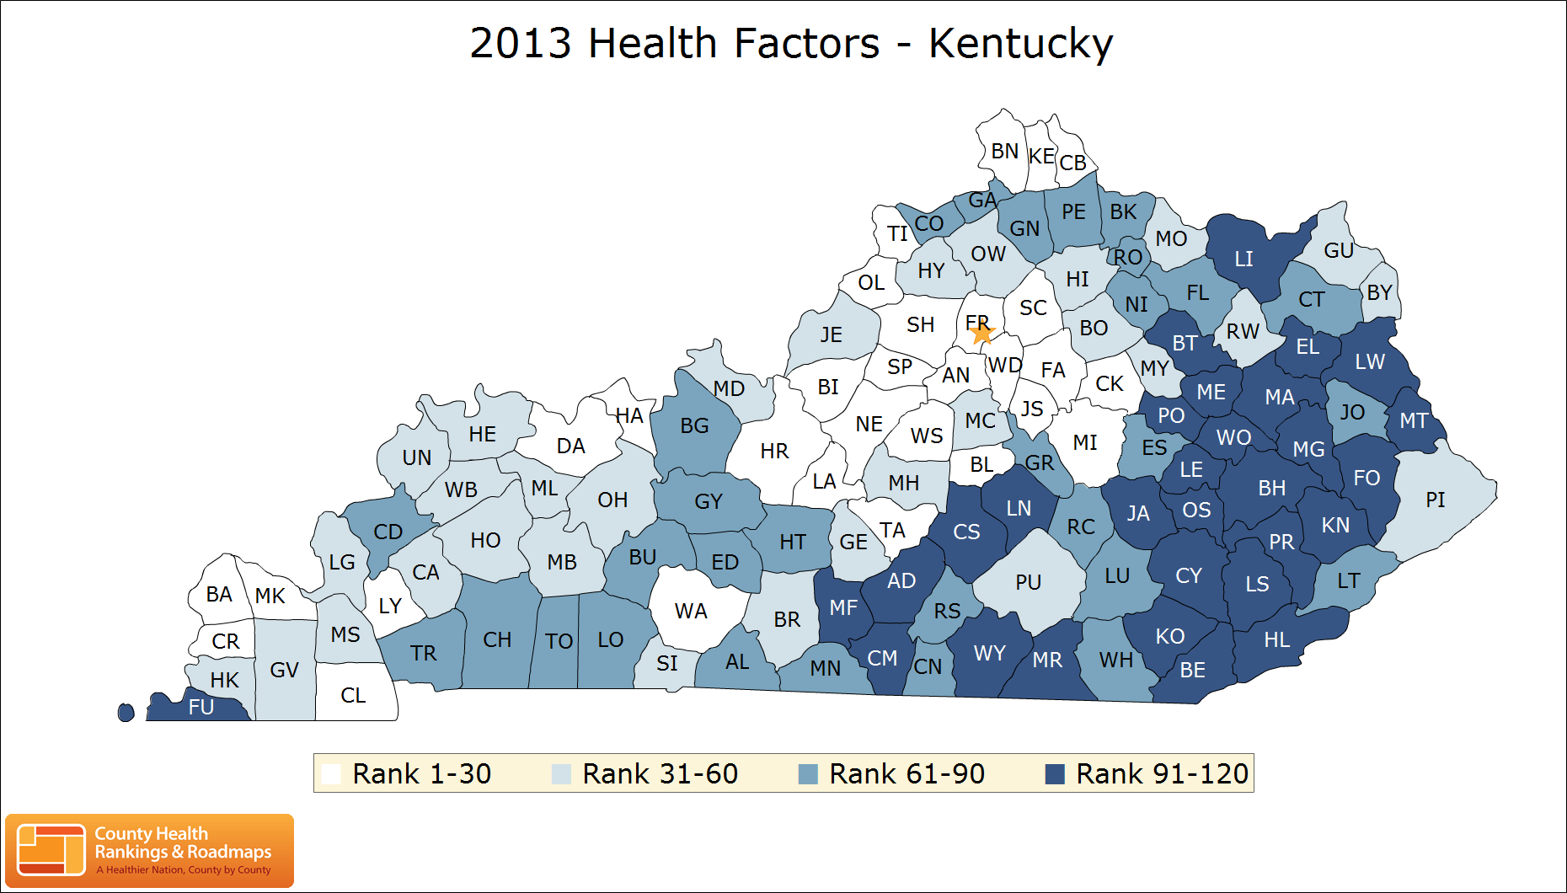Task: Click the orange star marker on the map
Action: [x=981, y=334]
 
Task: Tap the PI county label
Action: [x=1436, y=500]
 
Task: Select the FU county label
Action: [x=201, y=707]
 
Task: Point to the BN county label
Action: [x=1004, y=152]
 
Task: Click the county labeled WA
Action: [x=691, y=612]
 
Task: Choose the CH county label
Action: [x=497, y=640]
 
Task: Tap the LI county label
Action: [x=1243, y=259]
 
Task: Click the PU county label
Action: [x=1028, y=583]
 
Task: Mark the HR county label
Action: [x=774, y=452]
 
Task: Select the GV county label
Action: [x=284, y=671]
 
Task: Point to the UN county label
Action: [x=416, y=458]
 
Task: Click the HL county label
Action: [x=1277, y=640]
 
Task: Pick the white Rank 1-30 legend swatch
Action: [x=331, y=774]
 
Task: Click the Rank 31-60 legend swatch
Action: [x=561, y=774]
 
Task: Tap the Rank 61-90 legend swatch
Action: [x=808, y=774]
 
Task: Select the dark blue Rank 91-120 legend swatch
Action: [x=1055, y=774]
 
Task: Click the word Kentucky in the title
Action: [x=1020, y=44]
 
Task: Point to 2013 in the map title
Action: [x=521, y=44]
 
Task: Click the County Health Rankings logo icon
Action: [x=51, y=850]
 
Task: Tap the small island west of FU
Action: [x=126, y=713]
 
